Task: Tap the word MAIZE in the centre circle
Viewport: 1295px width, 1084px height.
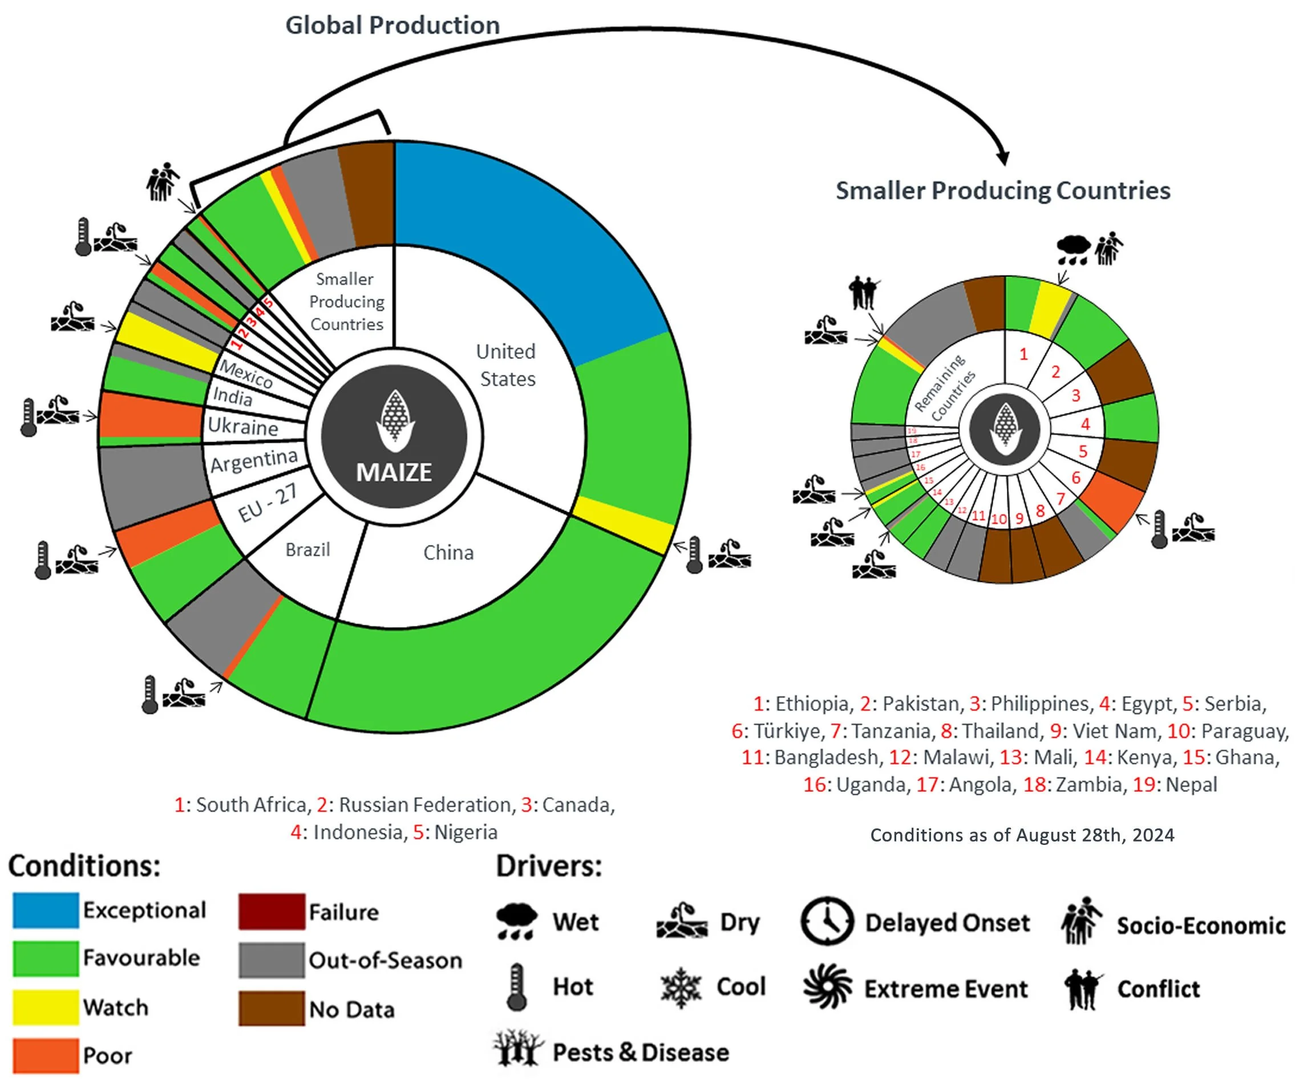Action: coord(394,472)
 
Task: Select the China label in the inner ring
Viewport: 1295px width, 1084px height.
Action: coord(448,552)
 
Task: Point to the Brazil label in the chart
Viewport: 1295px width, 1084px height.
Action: coord(307,549)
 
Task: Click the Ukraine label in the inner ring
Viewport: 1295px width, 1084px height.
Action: coord(243,427)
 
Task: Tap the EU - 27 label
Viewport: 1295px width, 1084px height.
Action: coord(268,503)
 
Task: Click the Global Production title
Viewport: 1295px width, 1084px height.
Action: coord(392,26)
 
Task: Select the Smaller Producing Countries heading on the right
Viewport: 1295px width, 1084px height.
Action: coord(1003,191)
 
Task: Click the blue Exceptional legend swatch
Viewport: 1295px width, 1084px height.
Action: coord(46,910)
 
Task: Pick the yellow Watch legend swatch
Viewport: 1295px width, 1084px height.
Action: coord(46,1008)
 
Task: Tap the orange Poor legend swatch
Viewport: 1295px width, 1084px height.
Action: coord(46,1055)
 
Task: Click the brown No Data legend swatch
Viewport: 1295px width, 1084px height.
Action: coord(272,1009)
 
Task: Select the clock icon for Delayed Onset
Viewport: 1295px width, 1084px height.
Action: coord(827,921)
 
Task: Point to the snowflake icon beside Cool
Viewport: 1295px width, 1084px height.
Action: coord(680,987)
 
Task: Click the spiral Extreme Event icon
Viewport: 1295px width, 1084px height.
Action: coord(827,987)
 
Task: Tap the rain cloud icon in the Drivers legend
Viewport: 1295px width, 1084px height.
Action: coord(517,921)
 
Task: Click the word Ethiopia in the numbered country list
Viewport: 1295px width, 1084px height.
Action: coord(812,703)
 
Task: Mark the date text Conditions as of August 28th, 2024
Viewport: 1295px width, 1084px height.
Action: coord(1022,835)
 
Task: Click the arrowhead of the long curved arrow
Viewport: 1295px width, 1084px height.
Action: coord(1003,159)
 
